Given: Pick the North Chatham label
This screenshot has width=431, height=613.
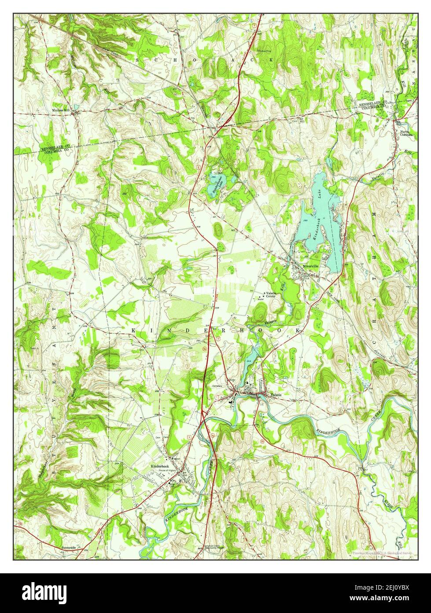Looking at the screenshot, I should (406, 133).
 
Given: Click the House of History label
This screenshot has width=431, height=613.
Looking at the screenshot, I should (169, 471).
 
